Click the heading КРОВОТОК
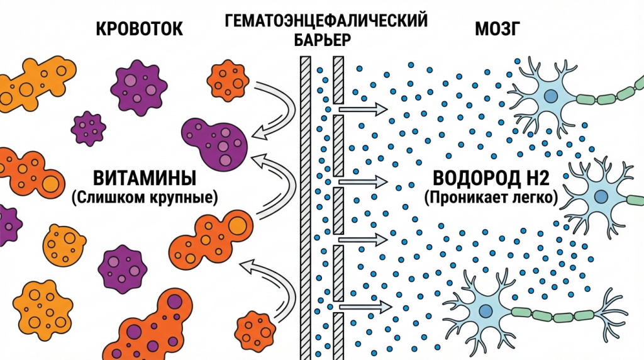139,30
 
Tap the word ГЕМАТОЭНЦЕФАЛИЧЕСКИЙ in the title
326,21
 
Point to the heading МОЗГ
497,30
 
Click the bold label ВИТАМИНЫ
145,178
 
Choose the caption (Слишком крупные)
145,198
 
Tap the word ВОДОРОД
472,178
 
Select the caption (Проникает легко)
491,198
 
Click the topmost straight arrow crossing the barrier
363,110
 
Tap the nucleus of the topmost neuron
551,96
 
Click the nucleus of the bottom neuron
486,311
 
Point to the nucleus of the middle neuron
601,197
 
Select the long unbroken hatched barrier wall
306,208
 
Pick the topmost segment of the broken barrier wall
338,80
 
